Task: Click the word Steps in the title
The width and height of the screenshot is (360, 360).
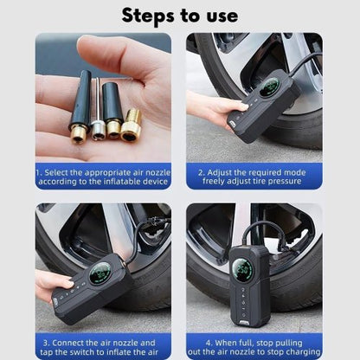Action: (x=147, y=16)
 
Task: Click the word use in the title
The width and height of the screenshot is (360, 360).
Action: (x=222, y=16)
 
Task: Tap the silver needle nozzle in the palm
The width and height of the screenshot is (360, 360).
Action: (x=99, y=110)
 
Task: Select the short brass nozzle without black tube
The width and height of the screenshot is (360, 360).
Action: (x=131, y=125)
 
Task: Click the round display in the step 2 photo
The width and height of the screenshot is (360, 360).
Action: (x=269, y=87)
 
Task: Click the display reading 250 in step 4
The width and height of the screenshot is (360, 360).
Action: (x=242, y=270)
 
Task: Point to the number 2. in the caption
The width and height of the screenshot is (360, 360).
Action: (x=202, y=172)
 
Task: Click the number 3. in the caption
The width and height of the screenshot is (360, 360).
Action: (x=47, y=343)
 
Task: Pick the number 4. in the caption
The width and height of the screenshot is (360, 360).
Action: (x=209, y=343)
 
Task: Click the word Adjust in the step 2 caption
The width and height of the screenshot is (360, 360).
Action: (x=219, y=172)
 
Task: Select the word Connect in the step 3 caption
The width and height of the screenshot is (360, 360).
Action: (x=68, y=343)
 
